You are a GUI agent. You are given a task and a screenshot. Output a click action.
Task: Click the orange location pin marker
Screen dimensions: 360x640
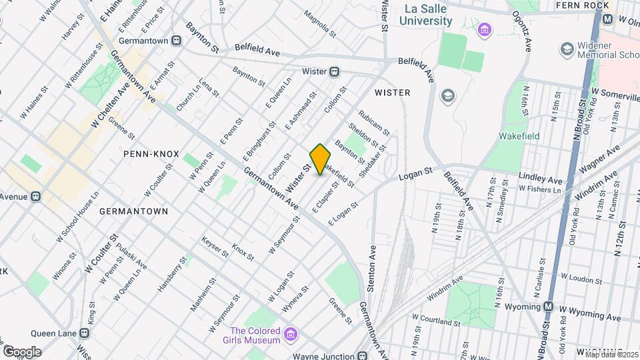pyautogui.click(x=321, y=159)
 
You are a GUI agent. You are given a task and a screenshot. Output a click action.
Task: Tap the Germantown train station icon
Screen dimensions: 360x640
pyautogui.click(x=177, y=40)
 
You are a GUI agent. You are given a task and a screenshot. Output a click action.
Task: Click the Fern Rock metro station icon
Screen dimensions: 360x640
pyautogui.click(x=607, y=20)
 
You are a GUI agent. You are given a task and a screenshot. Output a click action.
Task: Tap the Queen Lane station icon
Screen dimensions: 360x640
pyautogui.click(x=85, y=333)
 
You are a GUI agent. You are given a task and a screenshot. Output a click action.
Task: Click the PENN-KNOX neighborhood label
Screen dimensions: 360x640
pyautogui.click(x=151, y=154)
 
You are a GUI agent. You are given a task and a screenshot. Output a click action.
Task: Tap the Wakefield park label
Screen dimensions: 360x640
pyautogui.click(x=519, y=136)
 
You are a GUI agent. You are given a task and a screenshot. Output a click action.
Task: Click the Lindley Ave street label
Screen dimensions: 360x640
pyautogui.click(x=541, y=179)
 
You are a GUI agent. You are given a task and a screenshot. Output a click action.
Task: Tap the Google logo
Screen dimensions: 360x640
pyautogui.click(x=23, y=351)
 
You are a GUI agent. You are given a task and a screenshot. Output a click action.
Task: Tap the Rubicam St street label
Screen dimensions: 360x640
pyautogui.click(x=373, y=122)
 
